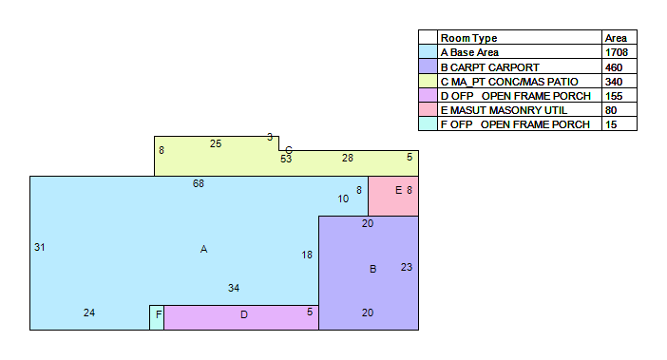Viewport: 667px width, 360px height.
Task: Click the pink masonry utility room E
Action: (x=393, y=196)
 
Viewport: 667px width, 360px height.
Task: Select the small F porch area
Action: (x=157, y=317)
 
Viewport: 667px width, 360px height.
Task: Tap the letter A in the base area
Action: (x=203, y=250)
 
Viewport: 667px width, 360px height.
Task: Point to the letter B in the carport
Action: (x=373, y=269)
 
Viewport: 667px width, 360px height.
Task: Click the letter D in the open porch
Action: (x=244, y=314)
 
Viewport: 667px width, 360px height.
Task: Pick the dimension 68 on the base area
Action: (x=199, y=183)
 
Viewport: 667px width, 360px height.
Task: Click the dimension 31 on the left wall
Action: (x=40, y=247)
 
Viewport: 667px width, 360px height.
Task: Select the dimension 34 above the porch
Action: (x=234, y=288)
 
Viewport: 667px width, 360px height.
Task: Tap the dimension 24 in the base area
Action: (x=89, y=313)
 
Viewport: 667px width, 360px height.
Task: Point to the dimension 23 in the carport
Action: (x=407, y=267)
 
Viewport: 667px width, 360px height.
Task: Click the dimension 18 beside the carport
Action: (x=307, y=255)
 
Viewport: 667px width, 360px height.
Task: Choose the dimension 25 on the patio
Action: (x=216, y=144)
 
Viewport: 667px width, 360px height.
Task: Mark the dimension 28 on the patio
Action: (x=348, y=158)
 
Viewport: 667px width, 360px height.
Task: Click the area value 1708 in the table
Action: (x=617, y=52)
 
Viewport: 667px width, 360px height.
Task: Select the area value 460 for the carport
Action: (x=614, y=67)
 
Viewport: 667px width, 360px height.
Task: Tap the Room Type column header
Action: (x=468, y=38)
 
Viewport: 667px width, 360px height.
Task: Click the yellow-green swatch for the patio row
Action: (x=428, y=81)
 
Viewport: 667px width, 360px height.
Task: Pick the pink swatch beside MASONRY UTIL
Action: (x=428, y=109)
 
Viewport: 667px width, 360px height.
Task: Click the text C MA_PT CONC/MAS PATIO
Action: (x=509, y=82)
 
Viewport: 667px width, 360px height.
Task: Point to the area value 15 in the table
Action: (x=611, y=124)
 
